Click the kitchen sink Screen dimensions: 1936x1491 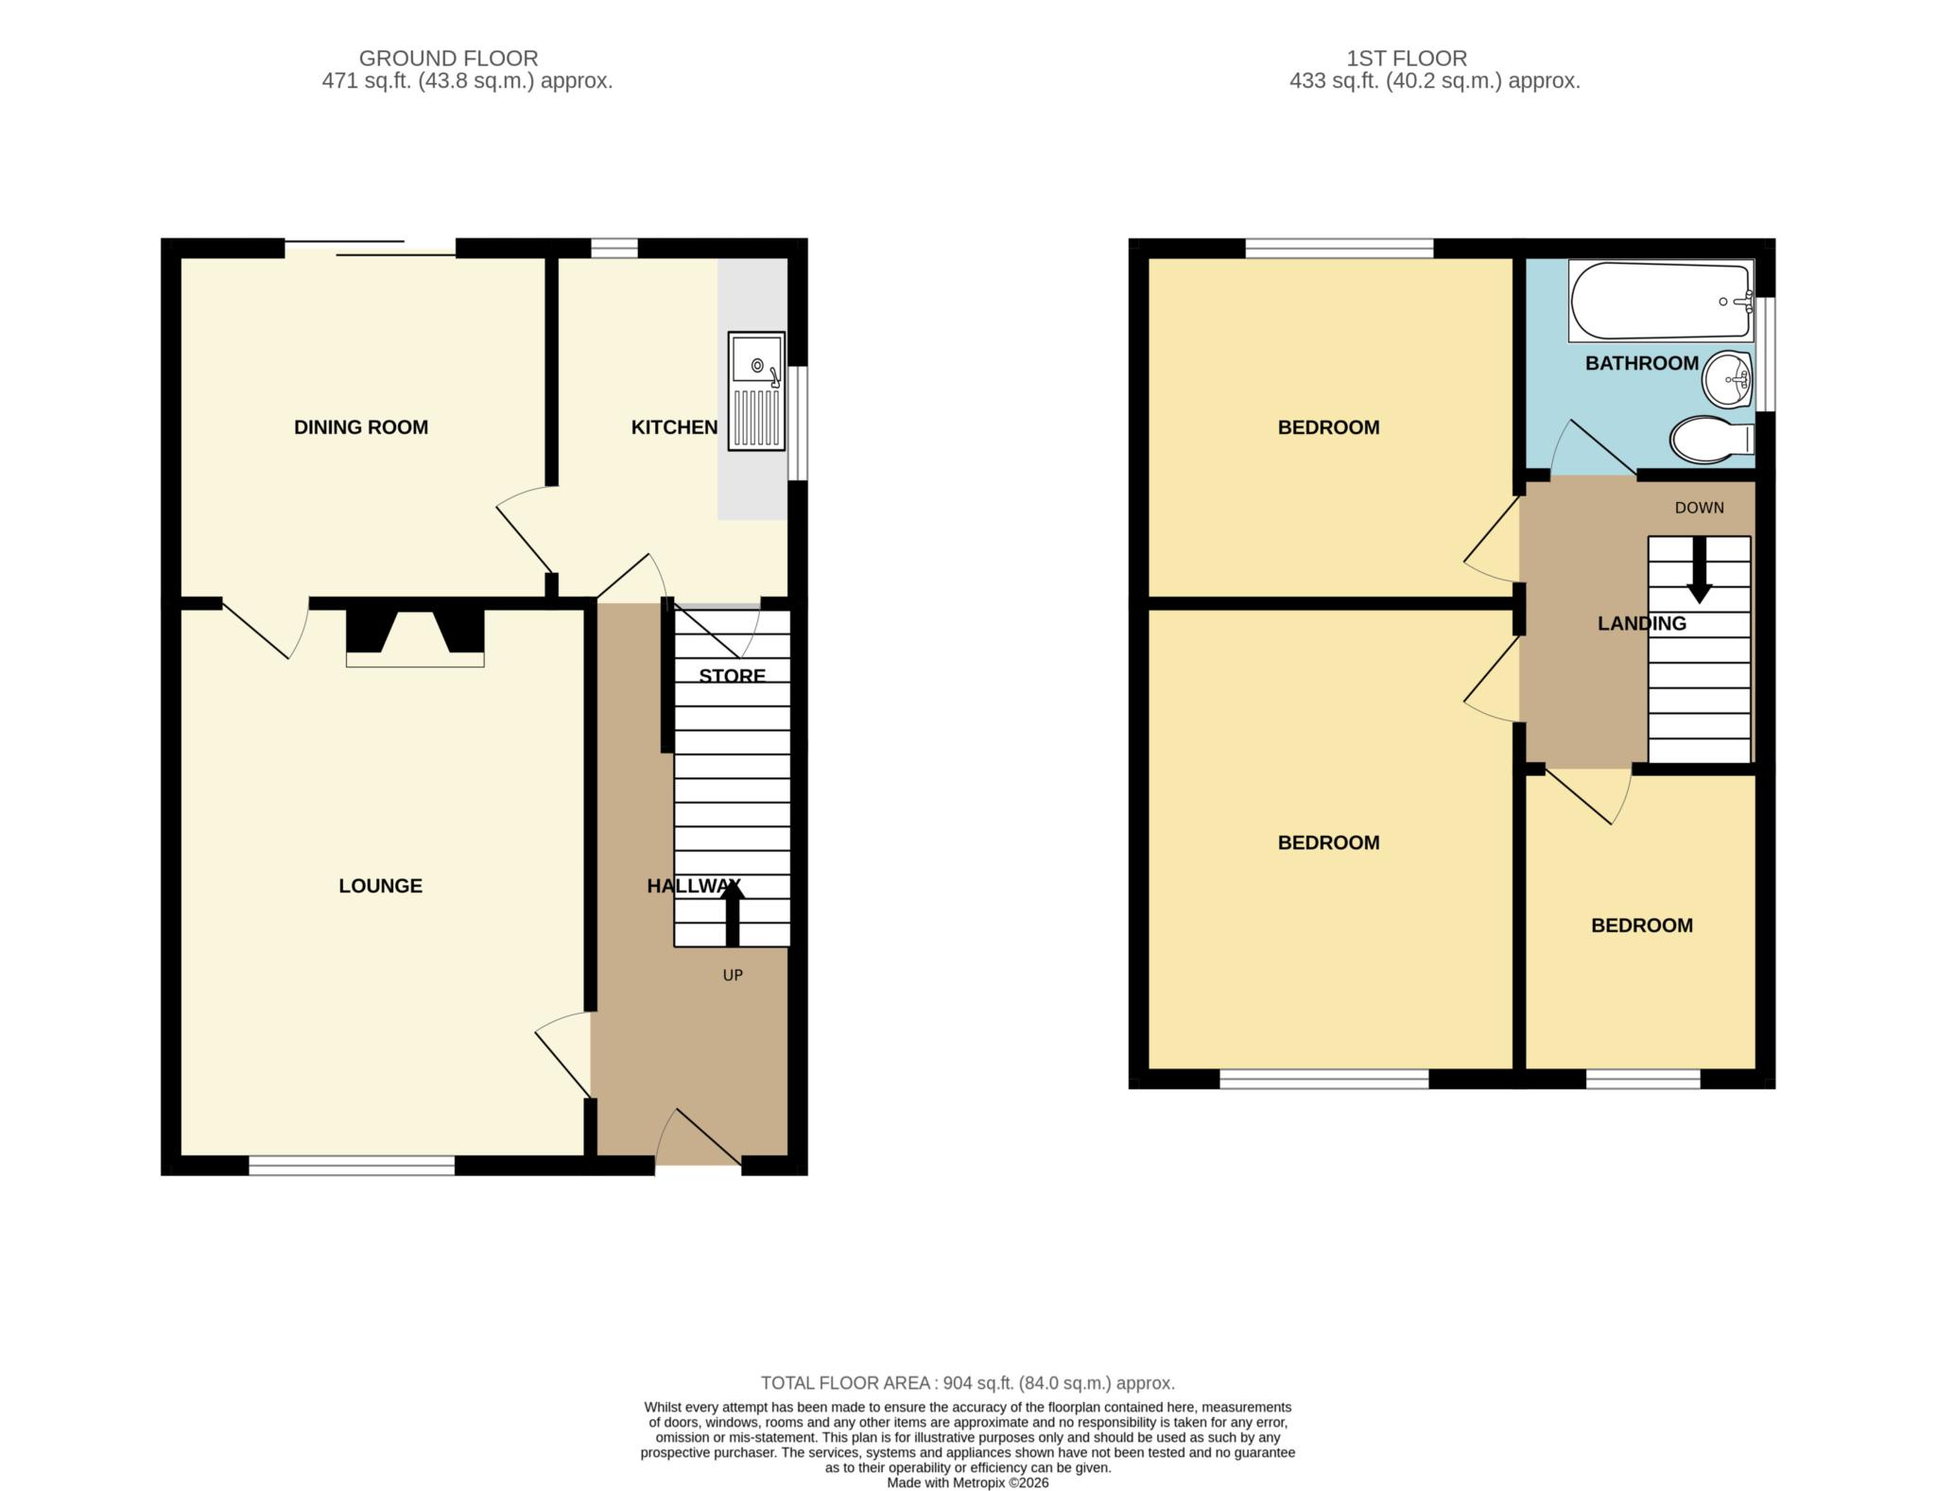pos(756,390)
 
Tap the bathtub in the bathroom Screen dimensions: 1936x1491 pos(1661,301)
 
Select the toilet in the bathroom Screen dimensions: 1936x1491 pos(1712,440)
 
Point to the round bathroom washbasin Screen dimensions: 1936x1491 pos(1728,380)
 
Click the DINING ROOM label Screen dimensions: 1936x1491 pos(361,427)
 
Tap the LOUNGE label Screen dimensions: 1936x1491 pos(381,886)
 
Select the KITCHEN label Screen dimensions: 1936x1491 pos(674,427)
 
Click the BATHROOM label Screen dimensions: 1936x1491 pos(1642,363)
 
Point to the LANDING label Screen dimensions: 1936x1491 pos(1642,624)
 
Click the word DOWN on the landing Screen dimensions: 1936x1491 pos(1700,508)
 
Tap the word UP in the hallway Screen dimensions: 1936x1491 pos(733,976)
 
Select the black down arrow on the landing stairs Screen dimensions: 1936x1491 pos(1700,570)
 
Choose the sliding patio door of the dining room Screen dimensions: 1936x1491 pos(371,248)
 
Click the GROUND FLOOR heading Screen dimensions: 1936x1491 pos(448,59)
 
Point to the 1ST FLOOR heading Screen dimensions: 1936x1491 pos(1407,59)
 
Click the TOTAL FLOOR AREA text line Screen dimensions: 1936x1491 pos(968,1383)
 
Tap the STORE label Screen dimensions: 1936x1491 pos(733,676)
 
